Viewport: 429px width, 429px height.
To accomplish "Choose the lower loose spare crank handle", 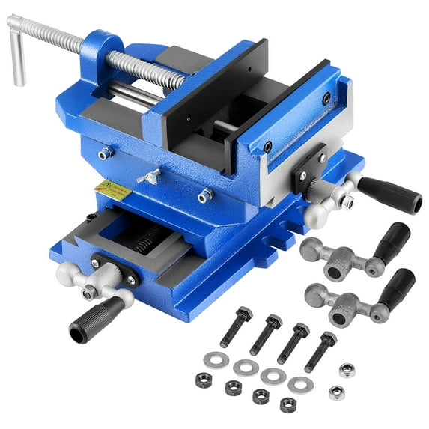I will [359, 296].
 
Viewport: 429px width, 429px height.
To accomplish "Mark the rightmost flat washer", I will [300, 384].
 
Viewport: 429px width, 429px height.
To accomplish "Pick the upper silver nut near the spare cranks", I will [346, 370].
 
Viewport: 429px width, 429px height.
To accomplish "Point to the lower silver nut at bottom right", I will [338, 394].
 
